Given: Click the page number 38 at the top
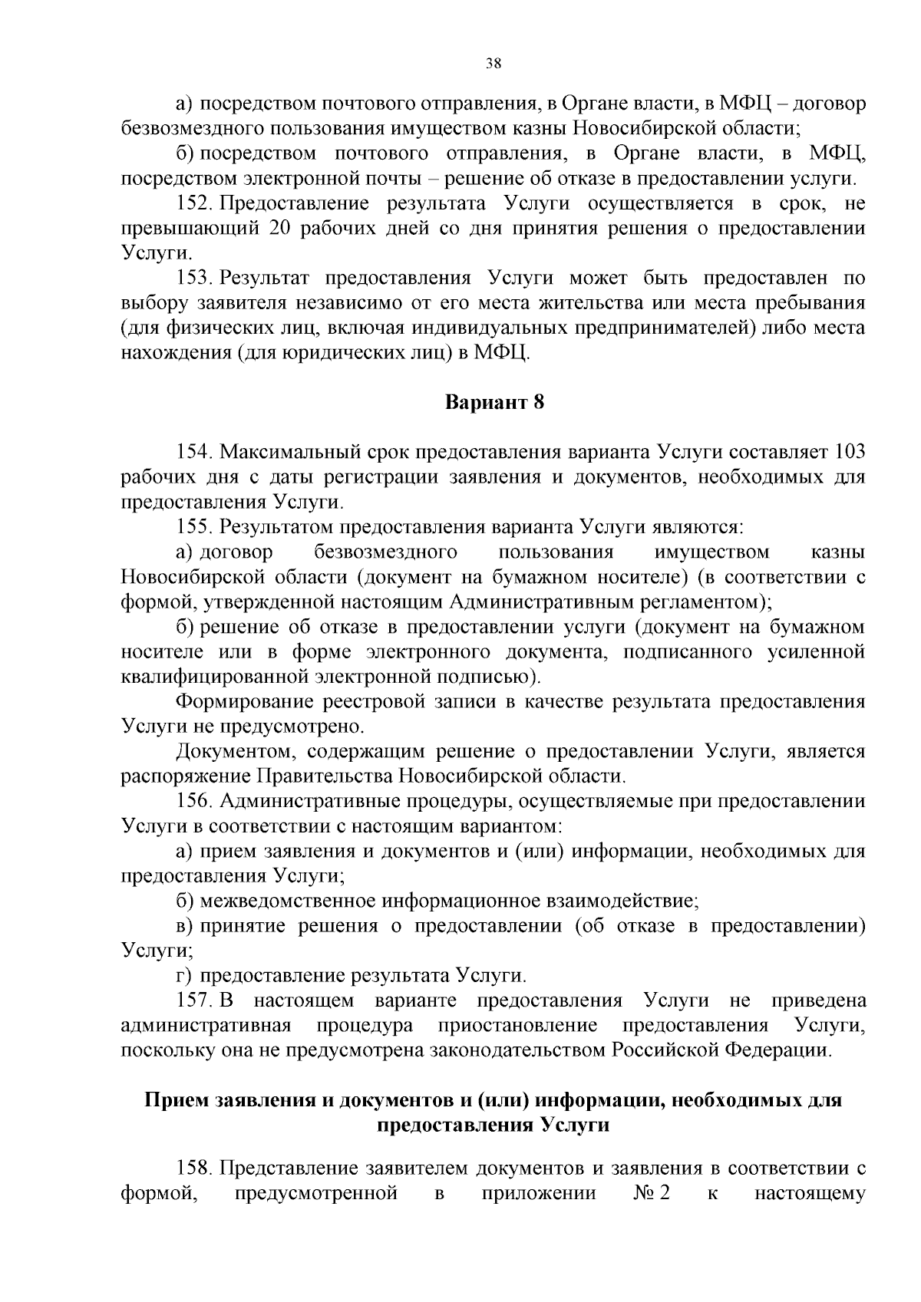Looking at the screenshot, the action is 494,64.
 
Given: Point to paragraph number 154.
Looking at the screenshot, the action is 194,453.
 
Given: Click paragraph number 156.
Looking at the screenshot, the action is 194,802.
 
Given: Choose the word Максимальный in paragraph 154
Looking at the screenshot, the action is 283,453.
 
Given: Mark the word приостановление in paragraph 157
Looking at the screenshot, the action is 517,1026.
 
